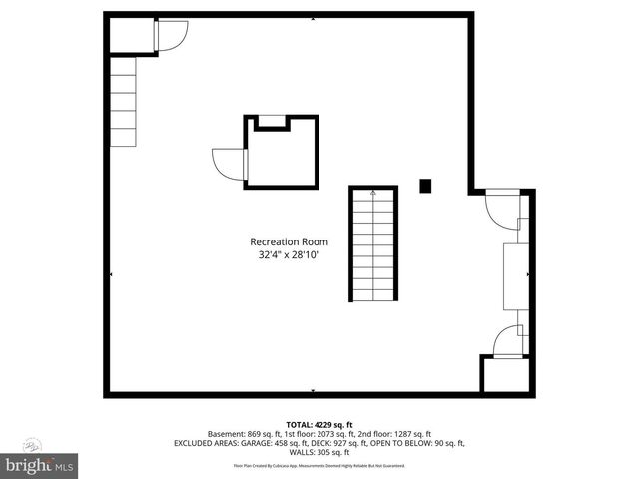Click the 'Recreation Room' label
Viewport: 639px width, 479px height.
click(x=289, y=241)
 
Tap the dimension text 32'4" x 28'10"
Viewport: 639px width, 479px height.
click(x=289, y=254)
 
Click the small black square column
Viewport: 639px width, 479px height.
click(x=425, y=185)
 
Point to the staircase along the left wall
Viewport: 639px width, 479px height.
click(x=122, y=101)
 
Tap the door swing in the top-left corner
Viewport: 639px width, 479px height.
click(x=170, y=35)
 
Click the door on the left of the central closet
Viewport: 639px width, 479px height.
click(x=228, y=163)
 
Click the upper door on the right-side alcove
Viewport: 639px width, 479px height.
click(x=500, y=207)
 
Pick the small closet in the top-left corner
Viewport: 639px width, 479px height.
click(x=130, y=35)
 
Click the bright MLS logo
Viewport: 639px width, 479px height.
click(x=40, y=464)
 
